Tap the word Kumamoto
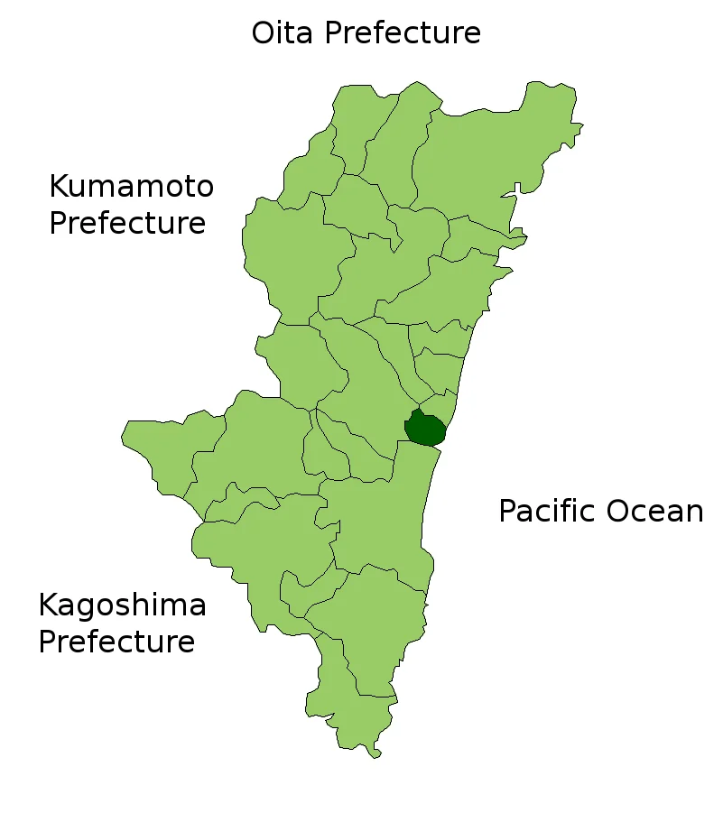[x=131, y=187]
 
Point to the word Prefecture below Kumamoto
[x=127, y=223]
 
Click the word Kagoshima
[x=122, y=605]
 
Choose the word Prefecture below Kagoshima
[x=116, y=642]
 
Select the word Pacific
[x=546, y=512]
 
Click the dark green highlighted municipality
[x=424, y=428]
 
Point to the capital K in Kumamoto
[x=59, y=187]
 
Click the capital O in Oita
[x=264, y=33]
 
